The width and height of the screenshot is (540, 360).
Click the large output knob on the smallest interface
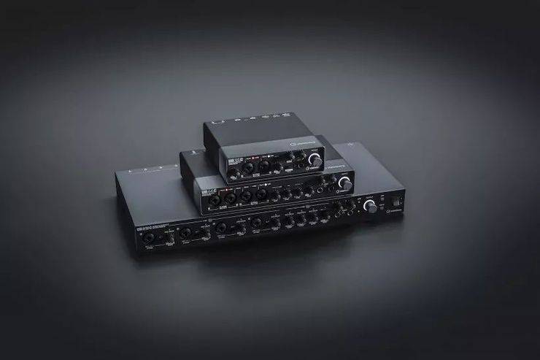(x=315, y=158)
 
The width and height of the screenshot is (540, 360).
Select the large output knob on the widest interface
(x=371, y=207)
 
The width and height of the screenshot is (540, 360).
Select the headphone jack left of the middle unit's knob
(x=325, y=188)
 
